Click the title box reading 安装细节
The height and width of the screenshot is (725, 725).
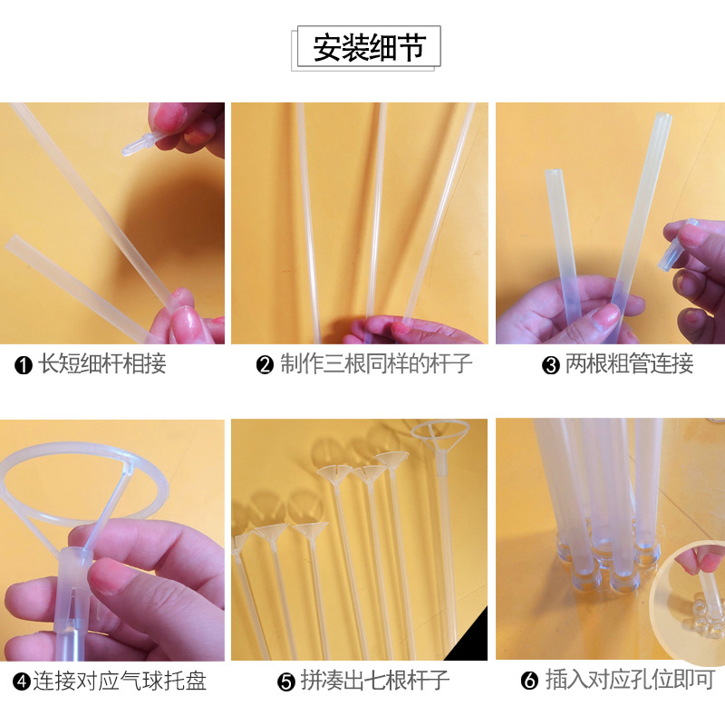pos(368,47)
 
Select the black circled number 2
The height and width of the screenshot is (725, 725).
pos(265,366)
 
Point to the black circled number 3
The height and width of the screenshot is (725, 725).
pos(550,366)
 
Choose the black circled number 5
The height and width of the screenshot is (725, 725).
pos(286,681)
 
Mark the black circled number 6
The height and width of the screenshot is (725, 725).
pos(530,681)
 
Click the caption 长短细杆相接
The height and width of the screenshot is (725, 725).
pos(101,365)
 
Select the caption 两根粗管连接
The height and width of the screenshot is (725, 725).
pos(629,365)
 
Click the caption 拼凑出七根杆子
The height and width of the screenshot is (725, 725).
pos(374,681)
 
